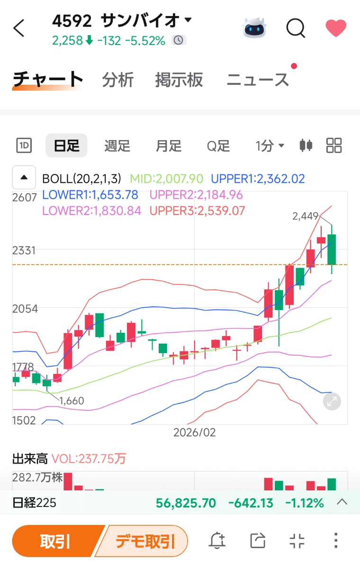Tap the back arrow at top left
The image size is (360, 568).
pyautogui.click(x=19, y=28)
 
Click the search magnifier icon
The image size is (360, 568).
pyautogui.click(x=296, y=28)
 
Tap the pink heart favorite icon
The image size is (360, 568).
pyautogui.click(x=336, y=28)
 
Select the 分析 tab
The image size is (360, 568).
pyautogui.click(x=118, y=80)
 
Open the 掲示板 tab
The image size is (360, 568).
pyautogui.click(x=179, y=80)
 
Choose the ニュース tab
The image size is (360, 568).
pyautogui.click(x=258, y=80)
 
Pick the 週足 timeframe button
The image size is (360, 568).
pyautogui.click(x=117, y=145)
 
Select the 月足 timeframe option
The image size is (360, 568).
pyautogui.click(x=169, y=145)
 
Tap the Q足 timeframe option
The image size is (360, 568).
pyautogui.click(x=218, y=145)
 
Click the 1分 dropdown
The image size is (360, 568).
pyautogui.click(x=270, y=145)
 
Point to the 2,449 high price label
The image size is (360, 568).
pyautogui.click(x=306, y=216)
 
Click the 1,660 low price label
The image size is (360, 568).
pyautogui.click(x=72, y=401)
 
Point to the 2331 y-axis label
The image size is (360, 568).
pyautogui.click(x=24, y=250)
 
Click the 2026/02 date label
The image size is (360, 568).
pyautogui.click(x=194, y=432)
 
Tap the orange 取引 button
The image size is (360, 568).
pyautogui.click(x=55, y=541)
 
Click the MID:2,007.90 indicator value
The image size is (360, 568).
pyautogui.click(x=166, y=179)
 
